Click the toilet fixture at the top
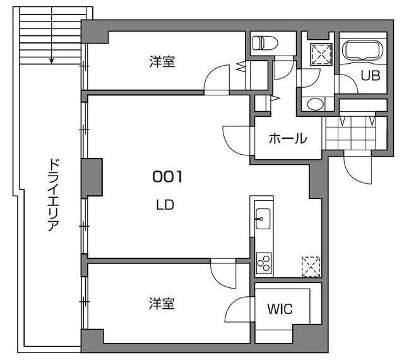pyautogui.click(x=260, y=44)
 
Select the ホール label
pyautogui.click(x=287, y=138)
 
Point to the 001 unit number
pyautogui.click(x=167, y=177)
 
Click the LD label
pyautogui.click(x=165, y=205)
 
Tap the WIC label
pyautogui.click(x=280, y=309)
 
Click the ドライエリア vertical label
pyautogui.click(x=53, y=195)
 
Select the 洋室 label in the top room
pyautogui.click(x=162, y=61)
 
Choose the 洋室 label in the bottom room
pyautogui.click(x=162, y=304)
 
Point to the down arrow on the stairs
pyautogui.click(x=52, y=61)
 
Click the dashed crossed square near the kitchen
pyautogui.click(x=311, y=265)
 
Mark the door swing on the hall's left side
pyautogui.click(x=237, y=138)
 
